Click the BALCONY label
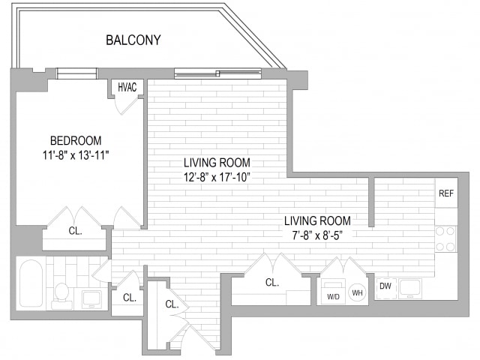coord(133,40)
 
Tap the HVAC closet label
coord(127,87)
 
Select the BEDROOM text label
coord(76,140)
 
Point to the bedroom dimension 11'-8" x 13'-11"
coord(76,155)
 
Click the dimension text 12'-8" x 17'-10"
coord(217,177)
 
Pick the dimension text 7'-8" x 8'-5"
coord(317,235)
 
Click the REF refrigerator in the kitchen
coord(446,193)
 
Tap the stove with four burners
coord(445,239)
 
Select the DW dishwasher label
coord(385,286)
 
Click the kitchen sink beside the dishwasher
coord(409,288)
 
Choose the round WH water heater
coord(357,292)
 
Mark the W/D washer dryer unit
coord(333,292)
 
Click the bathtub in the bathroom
coord(31,283)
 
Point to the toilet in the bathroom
coord(61,296)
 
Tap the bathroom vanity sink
coord(91,300)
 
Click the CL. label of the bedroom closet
coord(75,231)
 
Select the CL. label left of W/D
coord(272,282)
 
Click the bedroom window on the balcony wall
coord(76,73)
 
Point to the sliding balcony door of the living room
coord(218,73)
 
